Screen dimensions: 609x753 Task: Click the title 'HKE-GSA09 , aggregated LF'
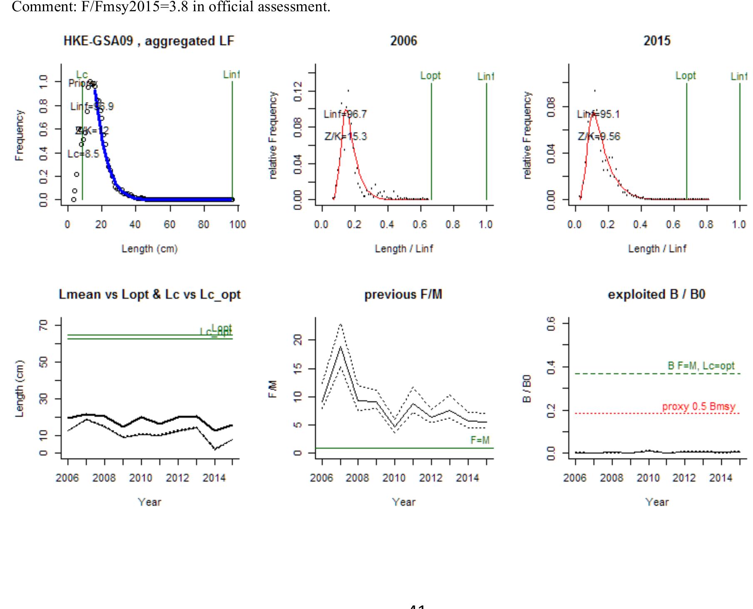[149, 41]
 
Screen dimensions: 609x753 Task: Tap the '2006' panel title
[404, 41]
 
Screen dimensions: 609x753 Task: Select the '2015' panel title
[657, 41]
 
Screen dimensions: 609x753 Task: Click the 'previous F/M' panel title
[403, 295]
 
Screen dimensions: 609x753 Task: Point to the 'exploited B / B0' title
[656, 295]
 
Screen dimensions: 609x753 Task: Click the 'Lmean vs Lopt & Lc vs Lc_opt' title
[150, 295]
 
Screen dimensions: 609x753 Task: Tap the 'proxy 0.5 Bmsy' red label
[698, 407]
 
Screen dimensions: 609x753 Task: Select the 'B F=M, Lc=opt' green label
[701, 366]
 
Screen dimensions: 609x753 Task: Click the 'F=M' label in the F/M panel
[480, 440]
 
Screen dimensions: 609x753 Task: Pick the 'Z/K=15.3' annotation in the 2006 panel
[346, 137]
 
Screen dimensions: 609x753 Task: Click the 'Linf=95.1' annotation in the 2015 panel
[598, 114]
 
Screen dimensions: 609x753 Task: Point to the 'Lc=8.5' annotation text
[83, 154]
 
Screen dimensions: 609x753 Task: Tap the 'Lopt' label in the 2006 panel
[430, 76]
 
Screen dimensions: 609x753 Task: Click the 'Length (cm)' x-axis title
[150, 249]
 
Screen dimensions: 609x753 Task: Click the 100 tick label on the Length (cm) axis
[237, 225]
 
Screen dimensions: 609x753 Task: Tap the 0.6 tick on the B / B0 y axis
[551, 323]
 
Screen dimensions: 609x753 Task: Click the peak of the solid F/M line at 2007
[341, 347]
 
